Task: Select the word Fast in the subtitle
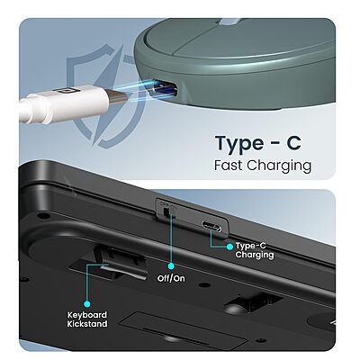pyautogui.click(x=231, y=166)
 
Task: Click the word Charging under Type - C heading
pyautogui.click(x=282, y=167)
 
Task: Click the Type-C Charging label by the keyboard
pyautogui.click(x=255, y=249)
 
